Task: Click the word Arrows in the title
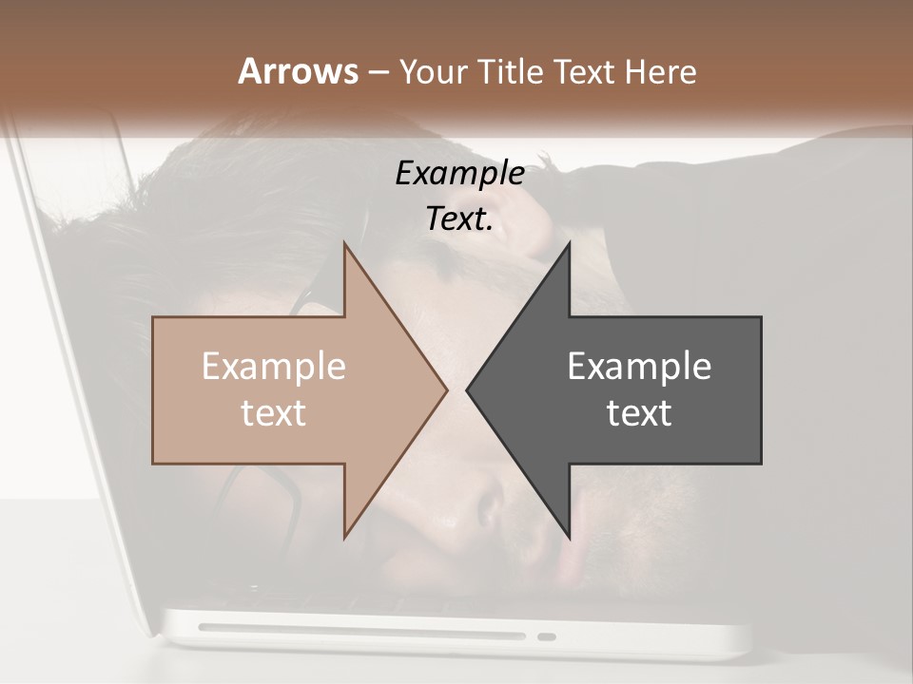point(298,71)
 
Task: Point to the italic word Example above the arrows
point(459,174)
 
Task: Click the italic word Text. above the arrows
point(459,219)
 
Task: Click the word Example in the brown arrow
point(273,367)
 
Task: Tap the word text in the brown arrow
point(273,413)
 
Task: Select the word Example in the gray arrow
point(639,367)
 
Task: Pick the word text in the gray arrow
point(639,413)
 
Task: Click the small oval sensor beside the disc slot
point(547,636)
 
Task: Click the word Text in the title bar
point(587,71)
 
